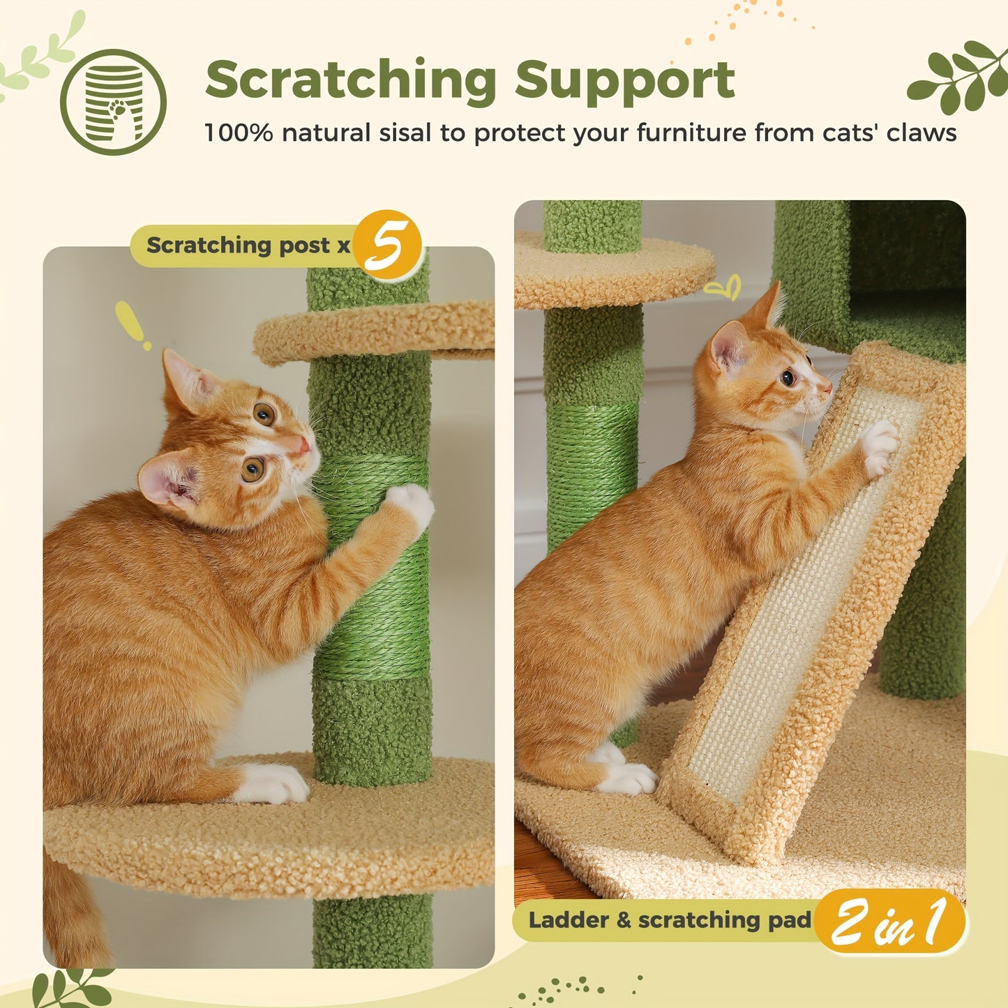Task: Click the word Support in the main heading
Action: pos(625,80)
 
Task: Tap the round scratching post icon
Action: pos(113,102)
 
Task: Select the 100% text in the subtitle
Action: pos(238,133)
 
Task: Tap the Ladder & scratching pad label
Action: pos(670,920)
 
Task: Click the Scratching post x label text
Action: pos(247,246)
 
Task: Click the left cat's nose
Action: pos(302,446)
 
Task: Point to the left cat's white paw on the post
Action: pos(412,504)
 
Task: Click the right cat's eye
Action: pos(788,378)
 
